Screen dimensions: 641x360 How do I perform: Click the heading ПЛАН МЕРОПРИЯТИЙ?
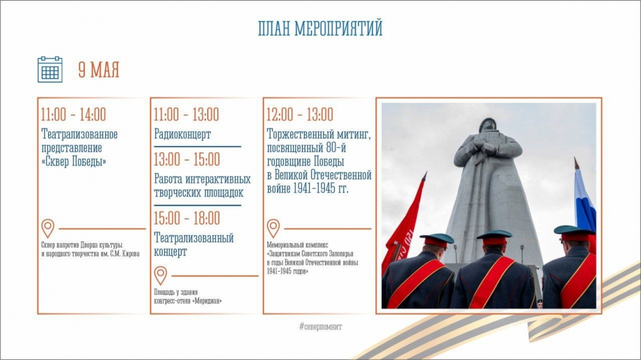coord(320,29)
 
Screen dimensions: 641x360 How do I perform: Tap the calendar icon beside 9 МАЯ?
coord(50,69)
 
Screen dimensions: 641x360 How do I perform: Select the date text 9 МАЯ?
coord(99,70)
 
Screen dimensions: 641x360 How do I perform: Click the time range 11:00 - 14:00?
coord(74,115)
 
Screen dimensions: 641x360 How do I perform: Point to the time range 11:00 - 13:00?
coord(187,115)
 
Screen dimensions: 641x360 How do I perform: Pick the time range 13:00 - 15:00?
coord(187,160)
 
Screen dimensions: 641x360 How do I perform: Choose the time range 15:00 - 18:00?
coord(187,218)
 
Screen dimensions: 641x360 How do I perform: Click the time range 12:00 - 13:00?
coord(299,115)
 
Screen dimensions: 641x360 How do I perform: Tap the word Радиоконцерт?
coord(182,134)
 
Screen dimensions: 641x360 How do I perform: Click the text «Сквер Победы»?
coord(74,162)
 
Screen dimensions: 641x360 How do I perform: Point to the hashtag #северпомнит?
coord(320,327)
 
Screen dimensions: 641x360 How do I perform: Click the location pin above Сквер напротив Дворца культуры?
coord(48,228)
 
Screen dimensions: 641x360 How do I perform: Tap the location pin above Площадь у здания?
coord(161,275)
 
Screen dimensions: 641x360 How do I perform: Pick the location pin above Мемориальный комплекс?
coord(274,228)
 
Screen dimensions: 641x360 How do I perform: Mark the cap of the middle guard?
coord(494,238)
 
